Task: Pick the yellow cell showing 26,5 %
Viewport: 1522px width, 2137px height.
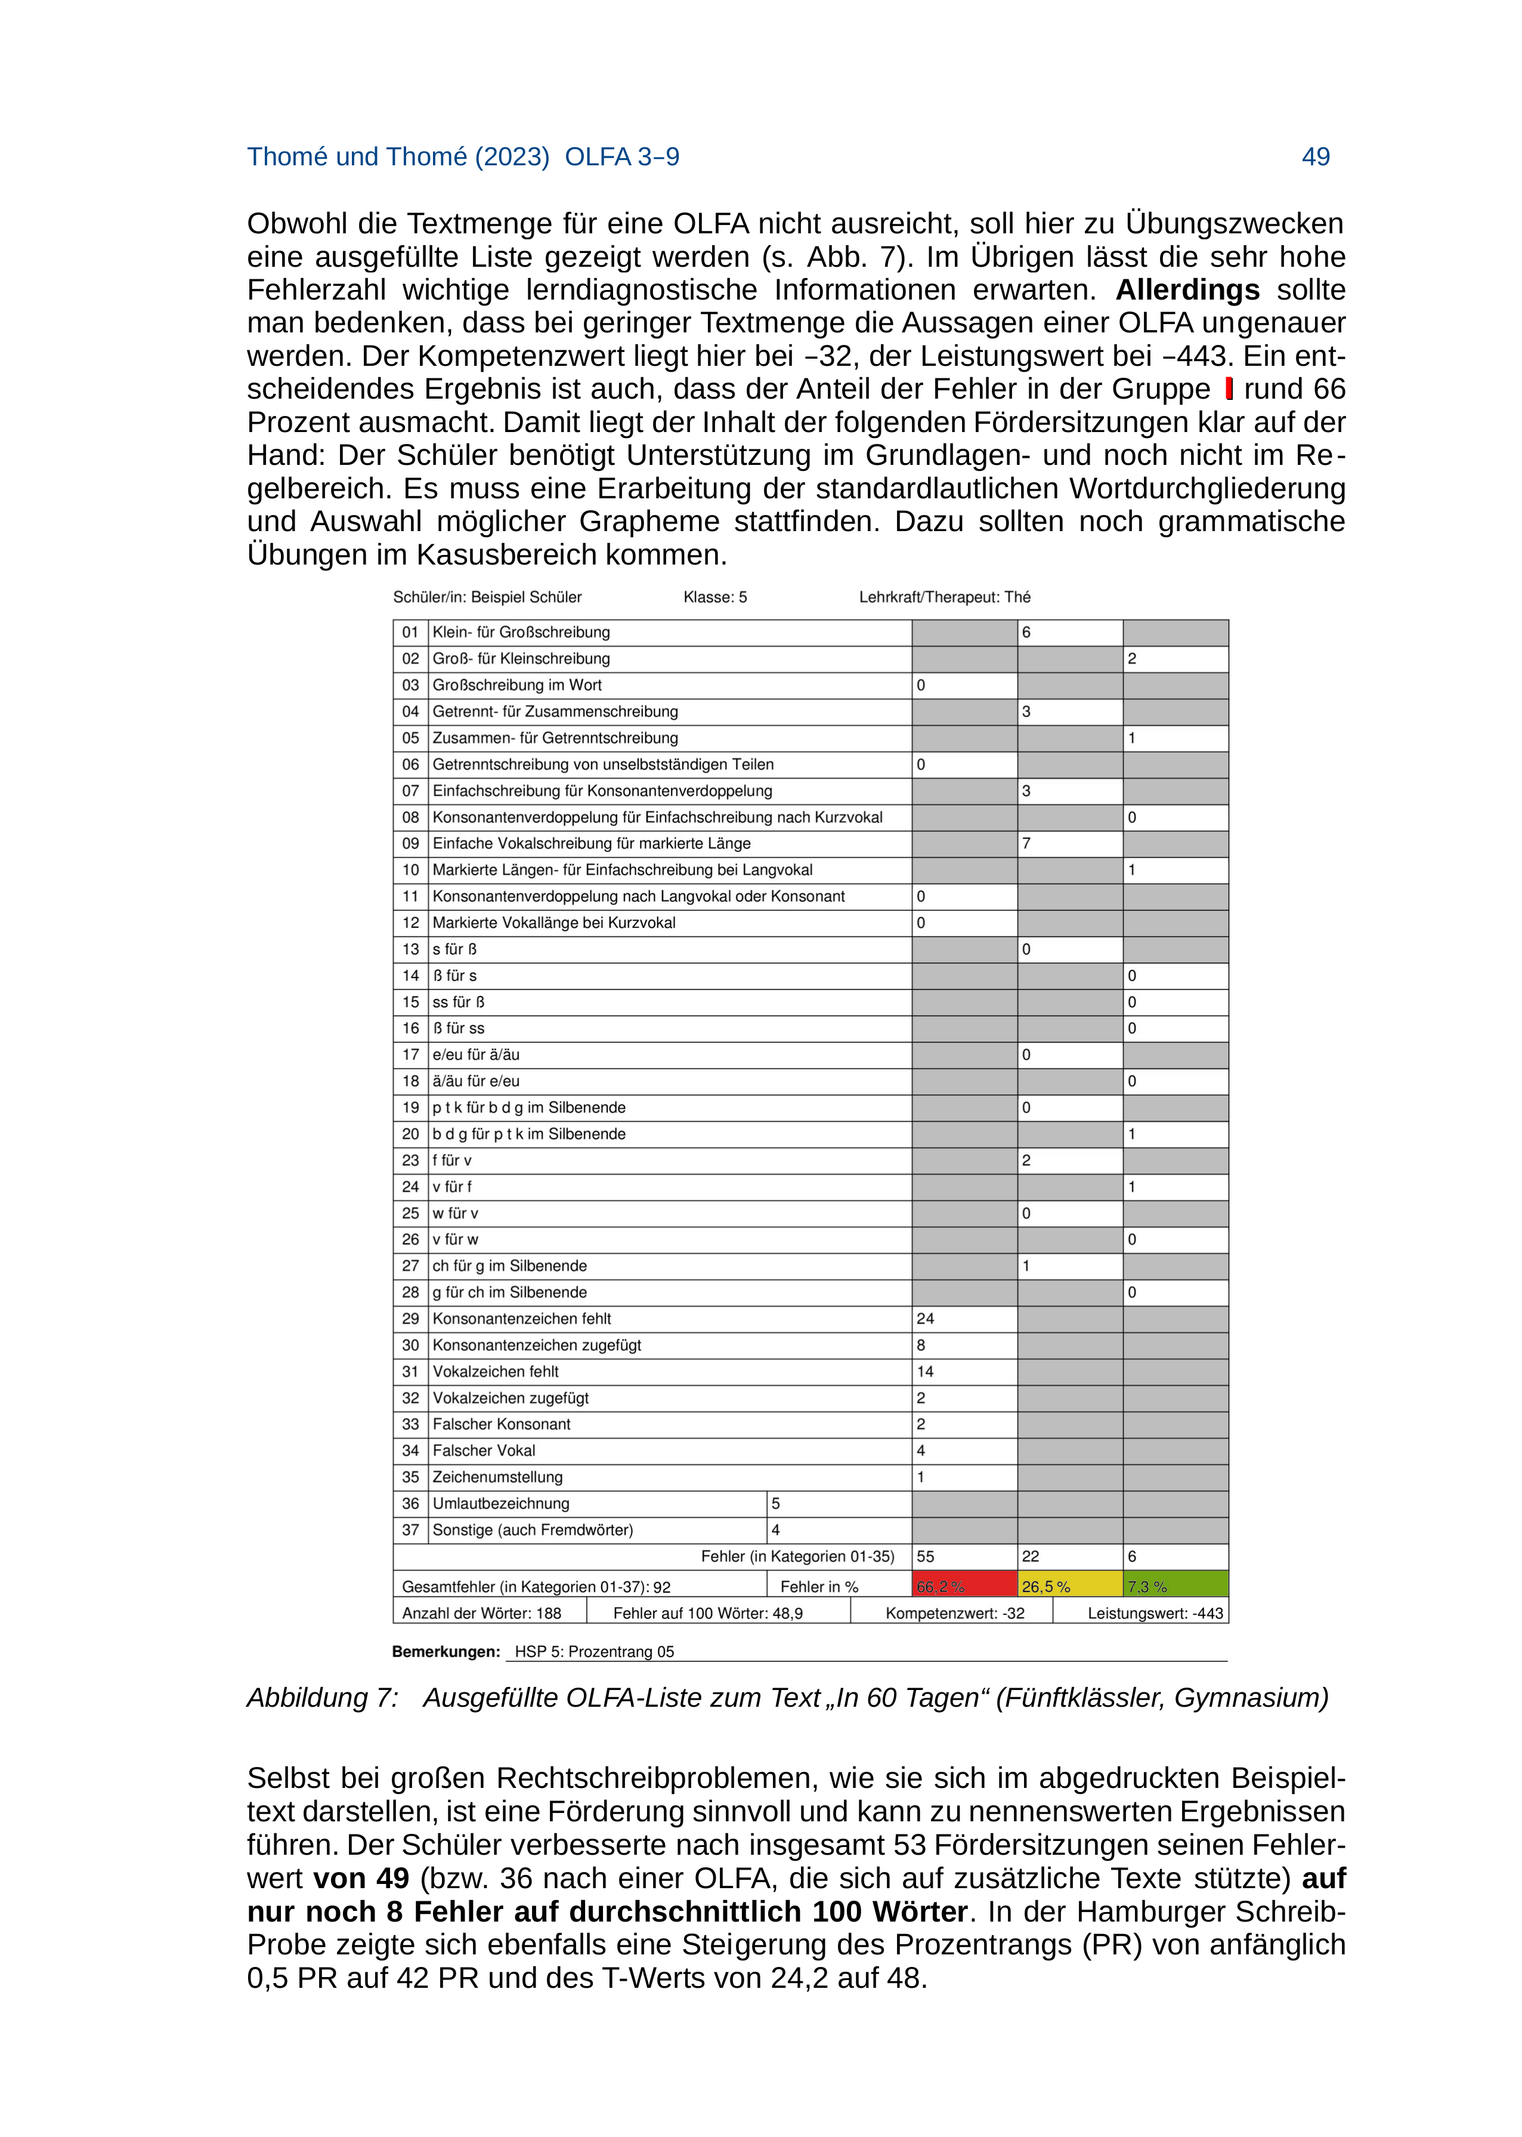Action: tap(1069, 1587)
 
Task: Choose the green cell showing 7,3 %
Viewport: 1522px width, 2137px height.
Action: tap(1175, 1587)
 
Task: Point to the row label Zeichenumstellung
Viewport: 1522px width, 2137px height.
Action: tap(497, 1477)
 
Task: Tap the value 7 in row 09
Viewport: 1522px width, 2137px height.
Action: tap(1026, 843)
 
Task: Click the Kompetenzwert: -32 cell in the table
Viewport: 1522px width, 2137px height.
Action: tap(954, 1613)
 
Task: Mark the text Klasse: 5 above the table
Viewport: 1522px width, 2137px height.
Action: tap(715, 597)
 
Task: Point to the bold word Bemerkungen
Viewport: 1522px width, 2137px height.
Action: tap(446, 1651)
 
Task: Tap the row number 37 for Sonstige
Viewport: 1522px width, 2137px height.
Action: tap(410, 1529)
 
